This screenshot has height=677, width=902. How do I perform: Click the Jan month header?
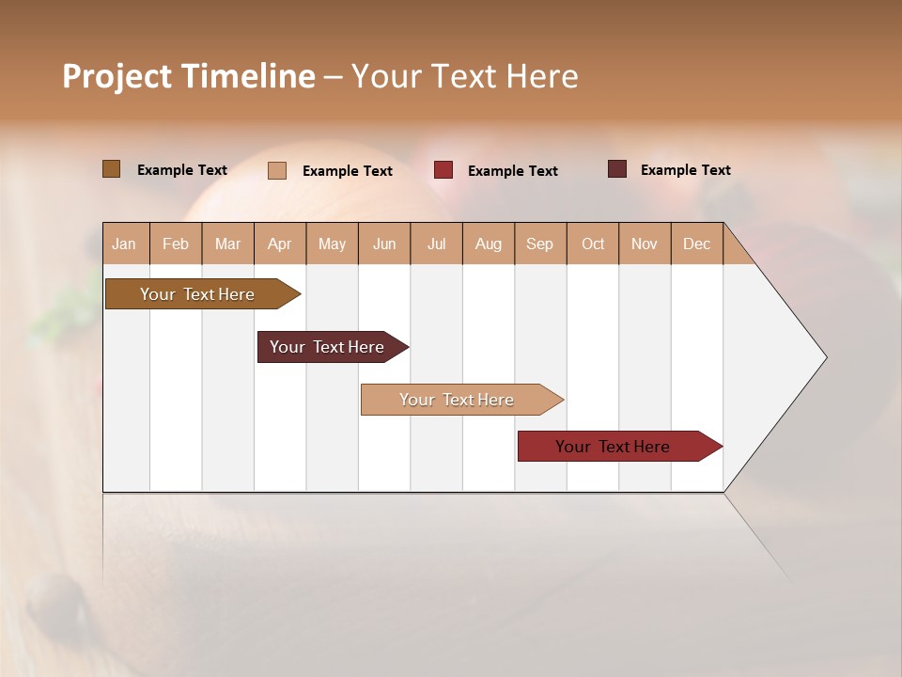coord(125,244)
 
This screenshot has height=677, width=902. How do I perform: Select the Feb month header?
coord(176,244)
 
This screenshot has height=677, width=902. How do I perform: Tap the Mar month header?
coord(227,244)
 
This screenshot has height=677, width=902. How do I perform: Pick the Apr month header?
coord(280,244)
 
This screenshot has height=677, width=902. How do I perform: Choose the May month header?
coord(332,244)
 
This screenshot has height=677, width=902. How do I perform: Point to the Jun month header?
coord(384,244)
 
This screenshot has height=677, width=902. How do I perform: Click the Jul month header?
coord(436,244)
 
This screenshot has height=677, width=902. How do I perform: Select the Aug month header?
coord(489,244)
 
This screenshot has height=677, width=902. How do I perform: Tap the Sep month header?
coord(540,244)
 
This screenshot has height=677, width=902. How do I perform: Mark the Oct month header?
coord(593,244)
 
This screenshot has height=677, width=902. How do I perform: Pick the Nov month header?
coord(645,244)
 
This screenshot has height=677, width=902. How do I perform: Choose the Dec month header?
coord(696,244)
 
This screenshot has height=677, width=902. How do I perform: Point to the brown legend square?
coord(111,169)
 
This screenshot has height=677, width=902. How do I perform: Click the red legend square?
coord(443,170)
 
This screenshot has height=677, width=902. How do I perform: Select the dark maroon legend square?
coord(616,169)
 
